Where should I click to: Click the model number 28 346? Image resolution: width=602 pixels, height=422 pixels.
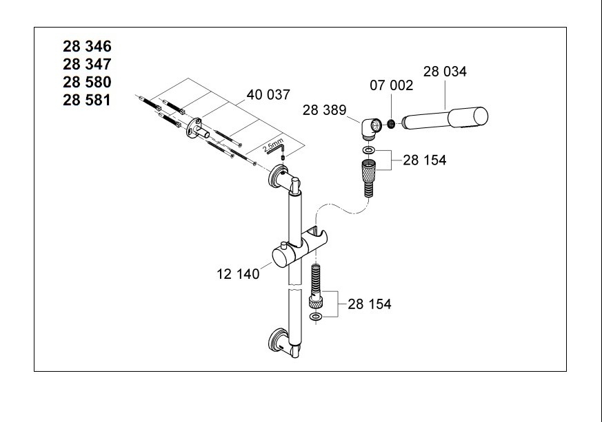(x=87, y=47)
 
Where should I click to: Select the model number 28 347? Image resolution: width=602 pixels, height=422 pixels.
(x=87, y=65)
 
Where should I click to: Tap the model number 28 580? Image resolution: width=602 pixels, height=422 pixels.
(x=87, y=83)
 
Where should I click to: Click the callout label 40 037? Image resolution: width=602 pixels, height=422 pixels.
(x=268, y=95)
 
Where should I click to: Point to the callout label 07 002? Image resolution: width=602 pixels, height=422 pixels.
(x=391, y=86)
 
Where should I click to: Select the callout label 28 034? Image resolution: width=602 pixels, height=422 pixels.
(x=445, y=72)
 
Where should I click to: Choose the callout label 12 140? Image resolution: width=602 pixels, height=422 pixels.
(x=238, y=274)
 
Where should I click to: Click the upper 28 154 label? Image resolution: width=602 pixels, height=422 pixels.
(x=424, y=160)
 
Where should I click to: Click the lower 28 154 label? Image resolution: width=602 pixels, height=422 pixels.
(x=369, y=304)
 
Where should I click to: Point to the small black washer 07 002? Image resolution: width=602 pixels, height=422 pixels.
(x=390, y=125)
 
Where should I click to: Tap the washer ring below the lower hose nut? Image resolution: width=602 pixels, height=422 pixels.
(x=316, y=317)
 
